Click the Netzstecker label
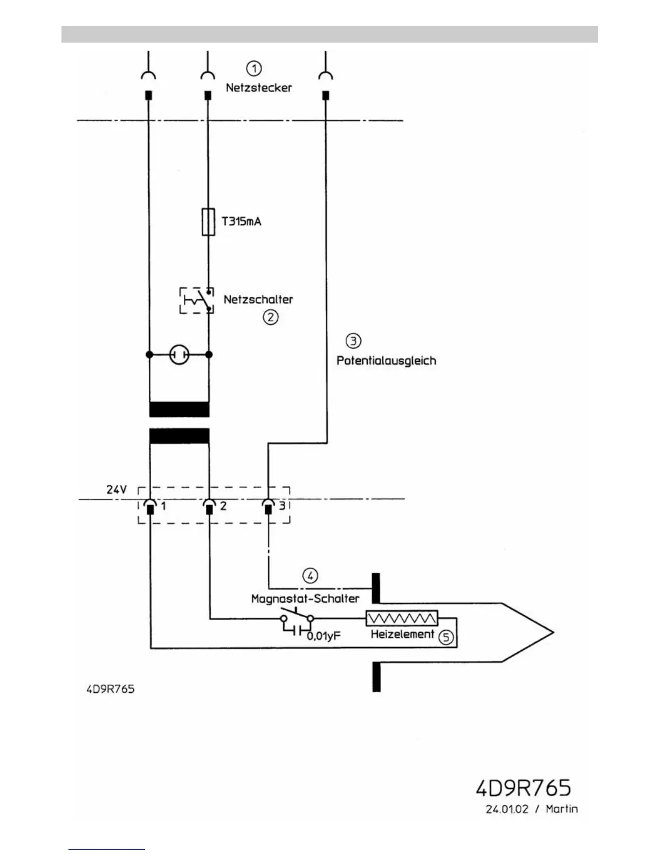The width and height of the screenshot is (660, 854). (259, 87)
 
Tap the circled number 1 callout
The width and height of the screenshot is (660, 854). (254, 68)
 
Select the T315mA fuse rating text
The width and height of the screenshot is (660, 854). (242, 221)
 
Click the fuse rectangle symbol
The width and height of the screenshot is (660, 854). (208, 221)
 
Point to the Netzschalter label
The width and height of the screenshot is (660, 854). (258, 299)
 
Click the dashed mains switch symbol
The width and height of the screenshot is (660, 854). (196, 300)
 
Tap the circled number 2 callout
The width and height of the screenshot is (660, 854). (271, 317)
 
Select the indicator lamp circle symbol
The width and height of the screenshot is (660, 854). (179, 355)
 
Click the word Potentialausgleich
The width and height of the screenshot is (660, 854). (386, 361)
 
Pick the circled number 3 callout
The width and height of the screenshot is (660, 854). (353, 341)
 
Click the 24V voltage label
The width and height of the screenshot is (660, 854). (116, 490)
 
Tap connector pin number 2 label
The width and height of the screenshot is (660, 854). (223, 506)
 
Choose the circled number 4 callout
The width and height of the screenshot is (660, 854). (310, 576)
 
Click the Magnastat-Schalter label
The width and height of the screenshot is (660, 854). (305, 598)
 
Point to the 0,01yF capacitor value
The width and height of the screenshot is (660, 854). (324, 636)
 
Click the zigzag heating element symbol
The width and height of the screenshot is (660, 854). (402, 618)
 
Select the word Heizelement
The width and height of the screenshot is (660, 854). (402, 634)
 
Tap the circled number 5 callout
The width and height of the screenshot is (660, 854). (446, 637)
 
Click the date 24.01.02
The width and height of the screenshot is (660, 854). (507, 809)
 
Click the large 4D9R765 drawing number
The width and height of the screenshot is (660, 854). (523, 788)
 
